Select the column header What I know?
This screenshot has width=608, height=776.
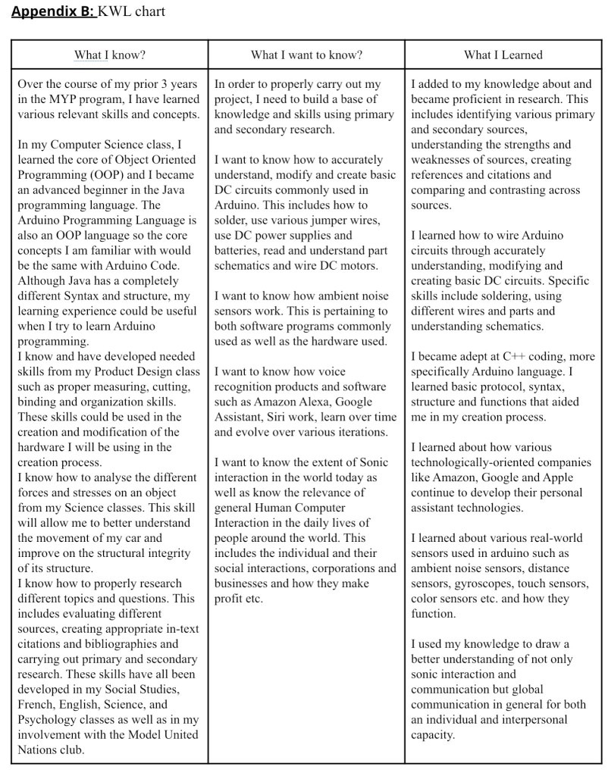(x=110, y=55)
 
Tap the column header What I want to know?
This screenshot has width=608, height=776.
(x=306, y=55)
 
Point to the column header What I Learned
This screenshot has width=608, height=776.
(x=503, y=55)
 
